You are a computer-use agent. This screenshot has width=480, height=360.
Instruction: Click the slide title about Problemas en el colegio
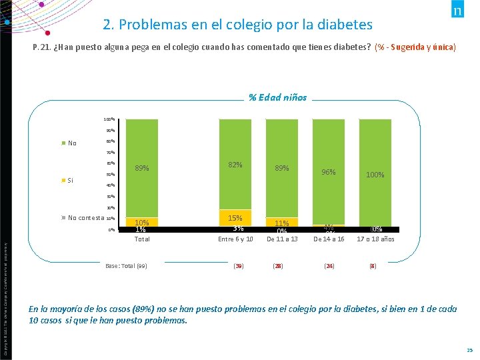click(237, 25)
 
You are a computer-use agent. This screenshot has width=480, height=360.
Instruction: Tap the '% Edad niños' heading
click(277, 97)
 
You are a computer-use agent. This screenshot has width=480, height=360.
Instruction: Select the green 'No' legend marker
click(63, 143)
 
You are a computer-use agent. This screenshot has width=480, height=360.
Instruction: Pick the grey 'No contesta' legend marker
click(63, 217)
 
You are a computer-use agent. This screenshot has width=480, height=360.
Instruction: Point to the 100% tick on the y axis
click(109, 119)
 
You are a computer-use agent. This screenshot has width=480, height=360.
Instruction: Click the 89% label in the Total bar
click(142, 168)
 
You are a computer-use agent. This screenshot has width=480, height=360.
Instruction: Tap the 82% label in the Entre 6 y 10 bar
click(235, 165)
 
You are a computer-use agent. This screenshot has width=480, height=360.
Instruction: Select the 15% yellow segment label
click(235, 218)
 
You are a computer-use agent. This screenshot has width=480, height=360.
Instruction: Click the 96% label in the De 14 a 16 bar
click(329, 172)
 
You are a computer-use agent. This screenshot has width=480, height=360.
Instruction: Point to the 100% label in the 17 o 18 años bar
click(375, 175)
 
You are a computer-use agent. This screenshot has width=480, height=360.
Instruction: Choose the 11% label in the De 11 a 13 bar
click(282, 223)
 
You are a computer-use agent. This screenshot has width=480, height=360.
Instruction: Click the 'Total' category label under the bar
click(142, 239)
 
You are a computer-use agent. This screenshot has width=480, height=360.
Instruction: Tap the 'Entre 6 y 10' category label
click(235, 239)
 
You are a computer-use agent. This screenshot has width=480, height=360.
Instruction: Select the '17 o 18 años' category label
click(375, 239)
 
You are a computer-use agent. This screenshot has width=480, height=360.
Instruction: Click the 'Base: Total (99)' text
click(126, 266)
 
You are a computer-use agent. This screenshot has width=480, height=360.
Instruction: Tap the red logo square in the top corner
click(458, 11)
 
